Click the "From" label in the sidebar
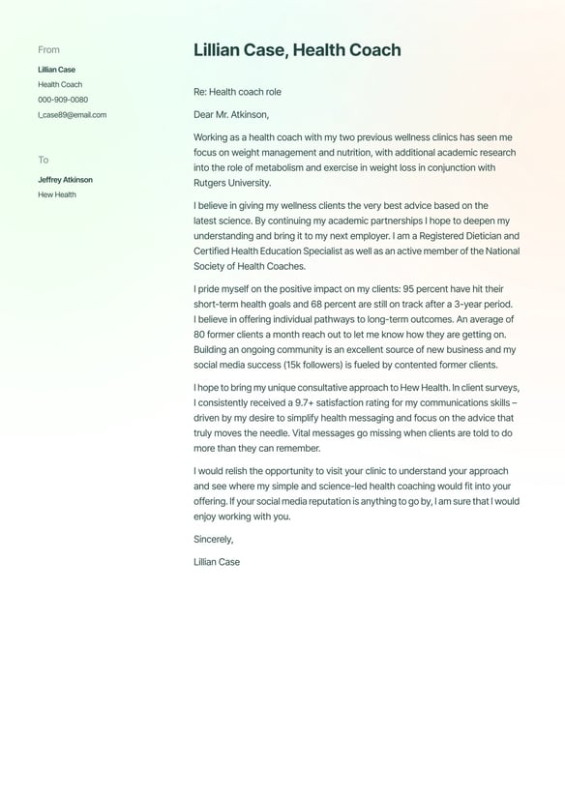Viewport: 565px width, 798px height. coord(48,49)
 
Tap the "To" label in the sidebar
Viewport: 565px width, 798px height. coord(43,160)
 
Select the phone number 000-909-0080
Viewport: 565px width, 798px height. coord(63,100)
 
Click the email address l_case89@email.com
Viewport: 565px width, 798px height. coord(73,115)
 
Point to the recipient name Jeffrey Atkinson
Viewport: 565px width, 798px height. coord(65,180)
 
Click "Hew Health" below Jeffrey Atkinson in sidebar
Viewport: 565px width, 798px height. coord(57,194)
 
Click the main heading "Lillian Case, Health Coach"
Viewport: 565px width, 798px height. coord(297,50)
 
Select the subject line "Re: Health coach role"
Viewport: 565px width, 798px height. coord(237,92)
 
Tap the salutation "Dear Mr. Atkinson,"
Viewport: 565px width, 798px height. coord(231,114)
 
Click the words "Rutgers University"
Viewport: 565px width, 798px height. coord(232,183)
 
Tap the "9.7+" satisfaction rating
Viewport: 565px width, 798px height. coord(309,402)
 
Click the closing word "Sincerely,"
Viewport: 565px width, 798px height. coord(213,539)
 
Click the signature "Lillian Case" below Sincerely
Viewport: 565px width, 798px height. coord(217,562)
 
